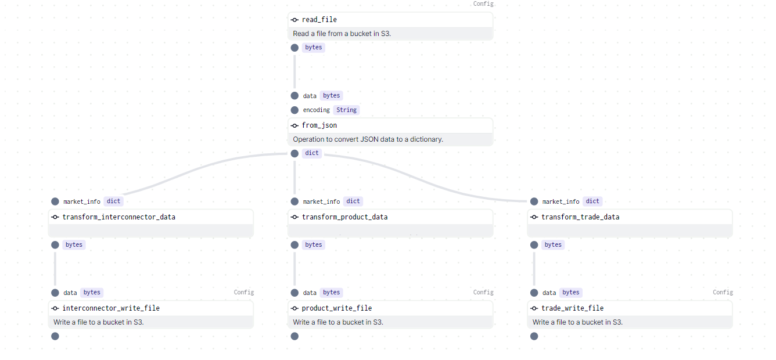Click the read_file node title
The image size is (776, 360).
point(319,20)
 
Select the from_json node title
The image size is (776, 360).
point(319,125)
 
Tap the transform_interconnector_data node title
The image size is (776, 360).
point(118,217)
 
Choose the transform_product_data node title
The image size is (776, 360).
point(344,217)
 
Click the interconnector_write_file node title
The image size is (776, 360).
point(111,308)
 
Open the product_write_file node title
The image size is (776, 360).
point(337,308)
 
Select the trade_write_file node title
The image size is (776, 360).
point(572,308)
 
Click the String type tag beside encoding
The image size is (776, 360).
point(347,110)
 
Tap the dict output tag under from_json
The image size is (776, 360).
point(312,153)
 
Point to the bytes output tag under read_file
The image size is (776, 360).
point(314,48)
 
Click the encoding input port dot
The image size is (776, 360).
point(294,110)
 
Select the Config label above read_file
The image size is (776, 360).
point(483,4)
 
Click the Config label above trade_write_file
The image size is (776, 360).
point(723,293)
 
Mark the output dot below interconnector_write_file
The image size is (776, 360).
point(55,336)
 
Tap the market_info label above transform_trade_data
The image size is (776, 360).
point(561,201)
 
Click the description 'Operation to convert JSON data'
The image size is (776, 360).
point(368,139)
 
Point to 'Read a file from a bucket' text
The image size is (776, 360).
point(342,34)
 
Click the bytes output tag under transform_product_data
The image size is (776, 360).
point(314,245)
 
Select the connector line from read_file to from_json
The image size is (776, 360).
point(294,71)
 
